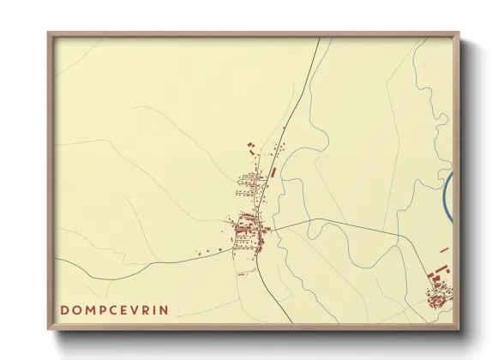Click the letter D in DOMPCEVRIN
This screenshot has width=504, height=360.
(65, 309)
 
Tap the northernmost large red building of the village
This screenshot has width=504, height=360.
(250, 143)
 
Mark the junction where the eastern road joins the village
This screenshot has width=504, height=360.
(273, 229)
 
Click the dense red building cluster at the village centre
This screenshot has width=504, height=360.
(248, 226)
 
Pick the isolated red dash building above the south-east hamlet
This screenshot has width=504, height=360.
(444, 250)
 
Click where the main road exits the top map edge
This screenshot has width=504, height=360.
(319, 39)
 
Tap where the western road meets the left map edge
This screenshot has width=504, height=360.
(57, 257)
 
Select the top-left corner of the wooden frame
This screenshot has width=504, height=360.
(49, 33)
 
